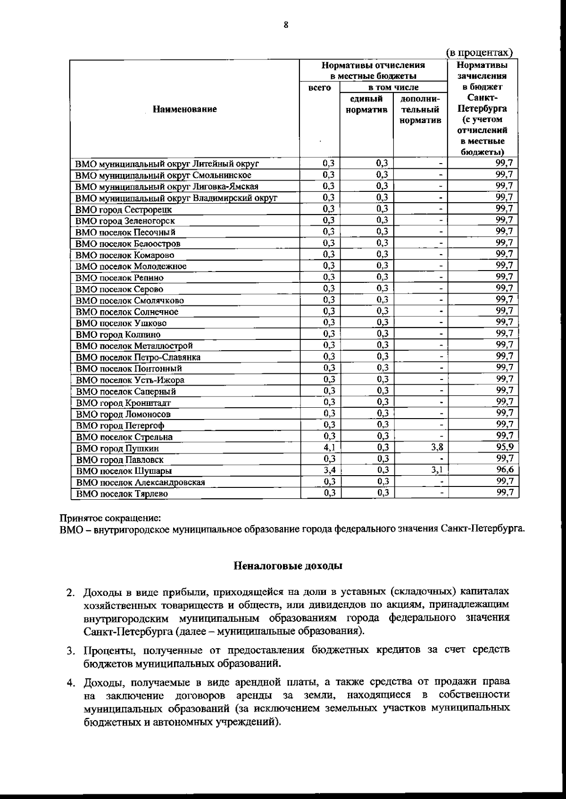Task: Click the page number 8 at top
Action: click(285, 25)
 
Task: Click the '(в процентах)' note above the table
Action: click(479, 53)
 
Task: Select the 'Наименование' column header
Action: click(185, 109)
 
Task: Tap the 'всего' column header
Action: click(319, 88)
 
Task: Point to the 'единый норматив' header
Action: click(366, 104)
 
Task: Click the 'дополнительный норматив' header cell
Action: click(420, 109)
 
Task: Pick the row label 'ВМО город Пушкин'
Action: click(117, 448)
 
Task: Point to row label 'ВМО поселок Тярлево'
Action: click(122, 494)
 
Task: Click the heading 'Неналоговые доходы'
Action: click(288, 566)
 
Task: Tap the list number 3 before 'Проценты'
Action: click(70, 651)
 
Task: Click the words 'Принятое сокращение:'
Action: click(109, 518)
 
